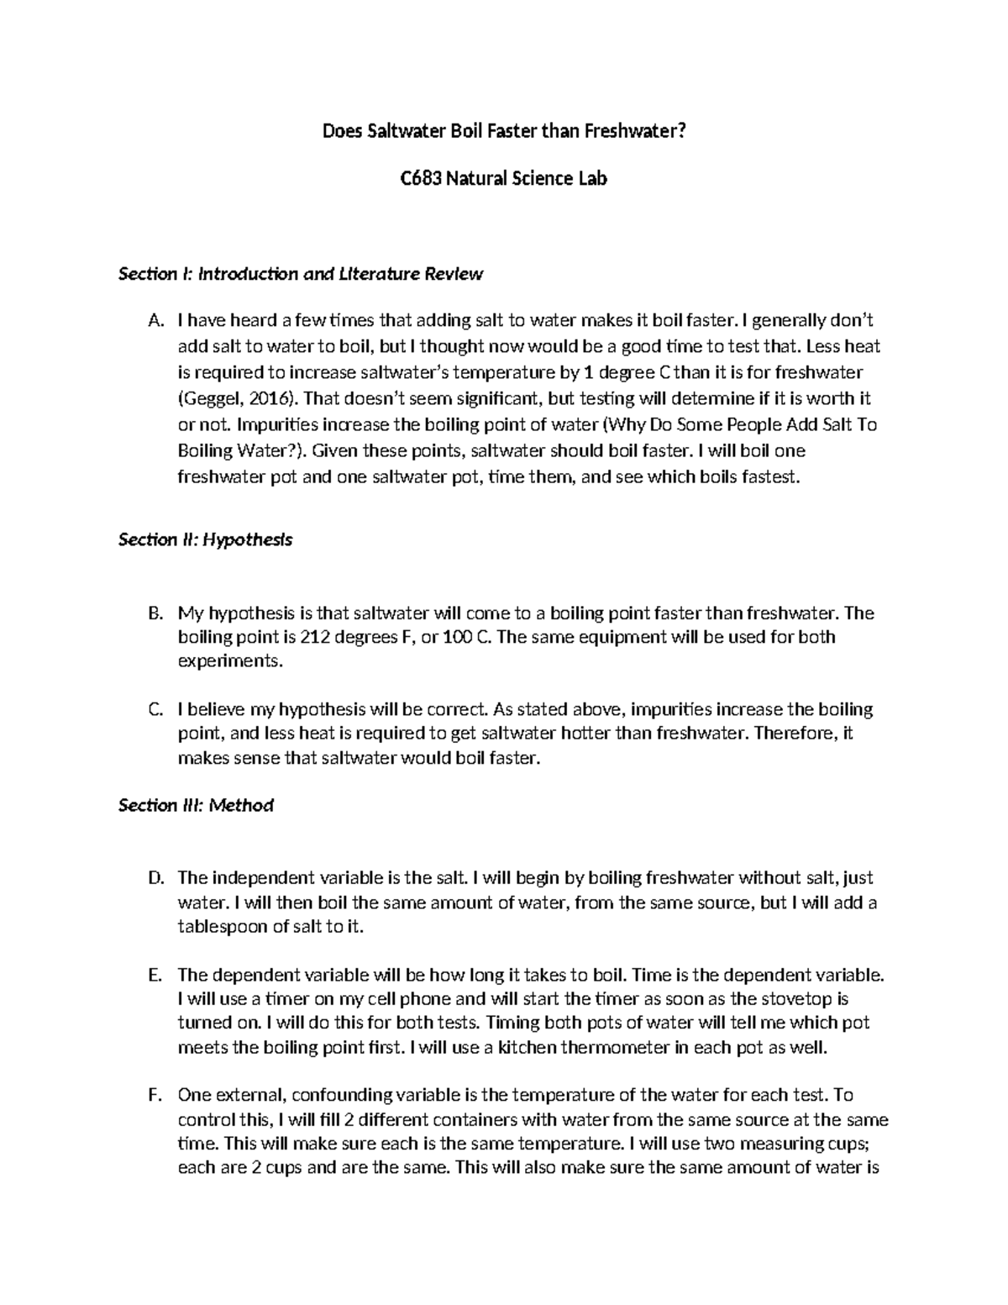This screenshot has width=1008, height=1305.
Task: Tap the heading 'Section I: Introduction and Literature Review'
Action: [x=301, y=274]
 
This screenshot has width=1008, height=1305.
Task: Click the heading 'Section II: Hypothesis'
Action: [x=205, y=539]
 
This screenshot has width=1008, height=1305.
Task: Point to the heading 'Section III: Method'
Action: [x=196, y=806]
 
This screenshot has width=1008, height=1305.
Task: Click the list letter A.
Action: [x=153, y=320]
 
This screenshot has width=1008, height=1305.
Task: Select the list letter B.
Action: [x=153, y=613]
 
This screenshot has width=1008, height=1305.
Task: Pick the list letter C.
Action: [x=153, y=709]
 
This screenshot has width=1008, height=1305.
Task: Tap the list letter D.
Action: [x=153, y=878]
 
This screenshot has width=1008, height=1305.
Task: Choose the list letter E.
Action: [x=153, y=976]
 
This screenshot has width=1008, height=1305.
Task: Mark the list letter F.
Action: [x=153, y=1095]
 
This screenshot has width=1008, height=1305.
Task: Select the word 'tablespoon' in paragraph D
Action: [x=218, y=927]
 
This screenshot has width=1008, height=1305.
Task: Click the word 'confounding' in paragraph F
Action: [x=343, y=1095]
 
